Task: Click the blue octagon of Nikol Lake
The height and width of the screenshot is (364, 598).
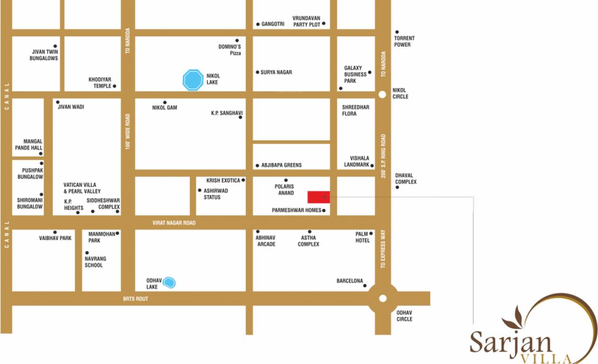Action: pos(193,80)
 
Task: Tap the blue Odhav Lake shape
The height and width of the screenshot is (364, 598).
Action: pos(169,283)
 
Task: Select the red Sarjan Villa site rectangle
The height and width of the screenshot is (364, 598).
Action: pos(319,197)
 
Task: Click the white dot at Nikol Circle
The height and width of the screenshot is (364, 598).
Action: pos(383,94)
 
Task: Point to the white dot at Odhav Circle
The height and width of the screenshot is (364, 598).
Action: pos(383,299)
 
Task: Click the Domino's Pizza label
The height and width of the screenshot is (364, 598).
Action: pos(230,50)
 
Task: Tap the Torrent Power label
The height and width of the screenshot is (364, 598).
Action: pos(404,41)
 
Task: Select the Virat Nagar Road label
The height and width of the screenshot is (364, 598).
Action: pos(174,223)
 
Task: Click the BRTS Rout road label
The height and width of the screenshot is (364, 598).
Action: pos(135,299)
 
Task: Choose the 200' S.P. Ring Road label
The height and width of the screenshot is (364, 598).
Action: pos(383,156)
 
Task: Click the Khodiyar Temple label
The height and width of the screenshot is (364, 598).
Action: pos(99,82)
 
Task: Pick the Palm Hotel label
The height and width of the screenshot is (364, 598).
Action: pos(363,237)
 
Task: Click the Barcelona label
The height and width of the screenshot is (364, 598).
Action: pos(349,281)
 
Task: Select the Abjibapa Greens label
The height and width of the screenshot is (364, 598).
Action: pos(281,165)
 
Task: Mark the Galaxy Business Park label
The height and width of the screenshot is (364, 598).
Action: pos(355,74)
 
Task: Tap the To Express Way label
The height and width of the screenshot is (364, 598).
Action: pos(383,249)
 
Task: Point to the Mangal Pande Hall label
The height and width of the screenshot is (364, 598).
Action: pos(29,145)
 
